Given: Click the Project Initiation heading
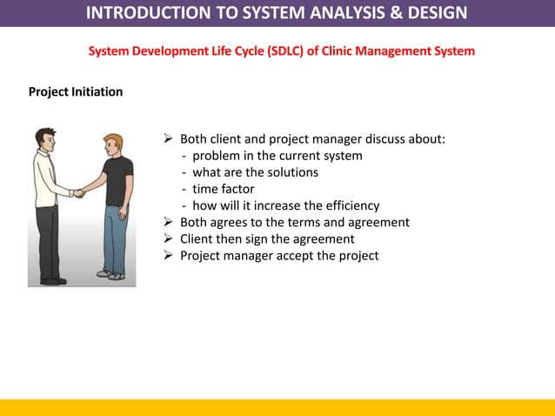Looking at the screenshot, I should click(76, 91).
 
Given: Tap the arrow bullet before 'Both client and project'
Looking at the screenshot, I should click(169, 140).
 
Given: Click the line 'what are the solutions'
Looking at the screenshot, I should click(255, 172).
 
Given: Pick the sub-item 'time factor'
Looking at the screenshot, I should click(223, 189).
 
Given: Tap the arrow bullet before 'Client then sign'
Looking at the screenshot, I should click(169, 239).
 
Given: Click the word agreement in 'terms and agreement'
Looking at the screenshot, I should click(377, 222).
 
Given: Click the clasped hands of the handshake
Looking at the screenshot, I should click(79, 192).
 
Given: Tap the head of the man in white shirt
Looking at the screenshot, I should click(46, 138).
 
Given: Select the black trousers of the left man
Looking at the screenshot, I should click(48, 239).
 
